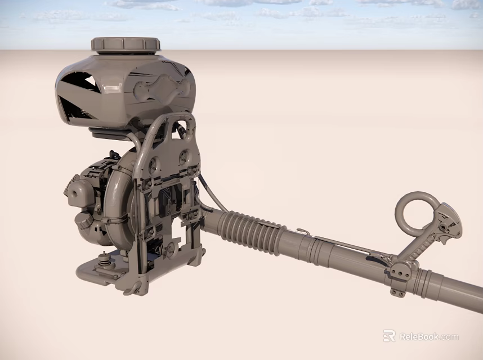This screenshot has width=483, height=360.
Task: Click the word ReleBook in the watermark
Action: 420,337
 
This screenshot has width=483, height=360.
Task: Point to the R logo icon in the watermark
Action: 389,336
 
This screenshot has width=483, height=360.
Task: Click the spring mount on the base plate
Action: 104,259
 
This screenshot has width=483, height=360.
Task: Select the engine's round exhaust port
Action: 74,194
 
